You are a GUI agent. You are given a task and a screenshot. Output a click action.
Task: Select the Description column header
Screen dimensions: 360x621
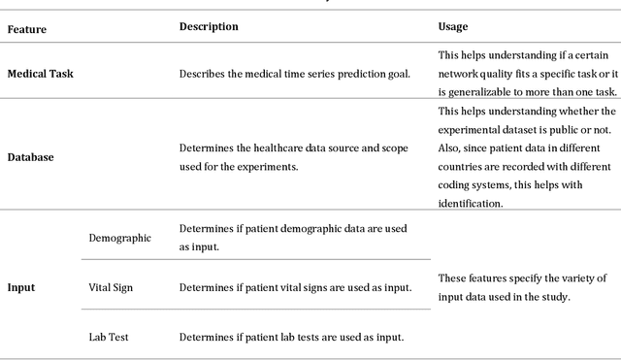click(x=209, y=26)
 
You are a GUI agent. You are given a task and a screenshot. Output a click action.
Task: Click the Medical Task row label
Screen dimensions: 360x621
click(x=41, y=74)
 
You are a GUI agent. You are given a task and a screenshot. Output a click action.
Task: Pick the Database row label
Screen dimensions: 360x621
click(x=31, y=156)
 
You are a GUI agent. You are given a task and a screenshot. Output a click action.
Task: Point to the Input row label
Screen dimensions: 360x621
click(x=22, y=287)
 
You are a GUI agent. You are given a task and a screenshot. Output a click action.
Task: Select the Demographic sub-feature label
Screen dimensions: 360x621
click(x=119, y=238)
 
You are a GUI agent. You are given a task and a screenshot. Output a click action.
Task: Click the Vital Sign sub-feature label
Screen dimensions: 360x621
click(x=114, y=287)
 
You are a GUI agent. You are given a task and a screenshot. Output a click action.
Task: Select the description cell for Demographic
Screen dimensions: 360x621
click(x=293, y=238)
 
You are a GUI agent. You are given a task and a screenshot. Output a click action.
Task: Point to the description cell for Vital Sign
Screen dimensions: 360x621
click(x=295, y=287)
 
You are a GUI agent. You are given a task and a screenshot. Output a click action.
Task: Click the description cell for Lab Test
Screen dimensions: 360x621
click(x=291, y=337)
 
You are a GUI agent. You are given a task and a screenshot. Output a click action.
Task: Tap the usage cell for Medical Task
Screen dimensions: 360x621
click(x=525, y=74)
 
